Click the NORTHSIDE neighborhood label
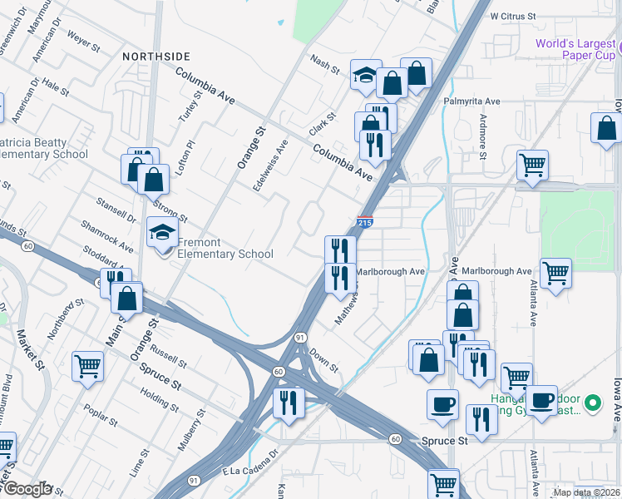click(156, 57)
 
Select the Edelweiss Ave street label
click(270, 163)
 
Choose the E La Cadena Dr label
click(248, 467)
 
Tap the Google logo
click(27, 489)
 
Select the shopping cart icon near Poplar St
click(87, 366)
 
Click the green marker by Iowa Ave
click(592, 404)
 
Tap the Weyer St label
click(83, 39)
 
